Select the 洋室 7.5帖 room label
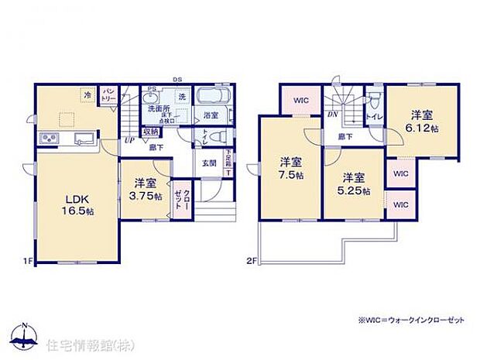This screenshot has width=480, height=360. tap(290, 168)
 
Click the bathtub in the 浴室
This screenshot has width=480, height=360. tap(211, 99)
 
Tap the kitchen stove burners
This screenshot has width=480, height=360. tap(50, 139)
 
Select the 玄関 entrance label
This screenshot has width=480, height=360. tap(209, 163)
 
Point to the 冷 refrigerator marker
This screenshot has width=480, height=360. tap(87, 95)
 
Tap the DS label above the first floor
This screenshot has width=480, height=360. tap(177, 80)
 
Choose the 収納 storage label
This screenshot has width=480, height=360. tap(152, 131)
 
